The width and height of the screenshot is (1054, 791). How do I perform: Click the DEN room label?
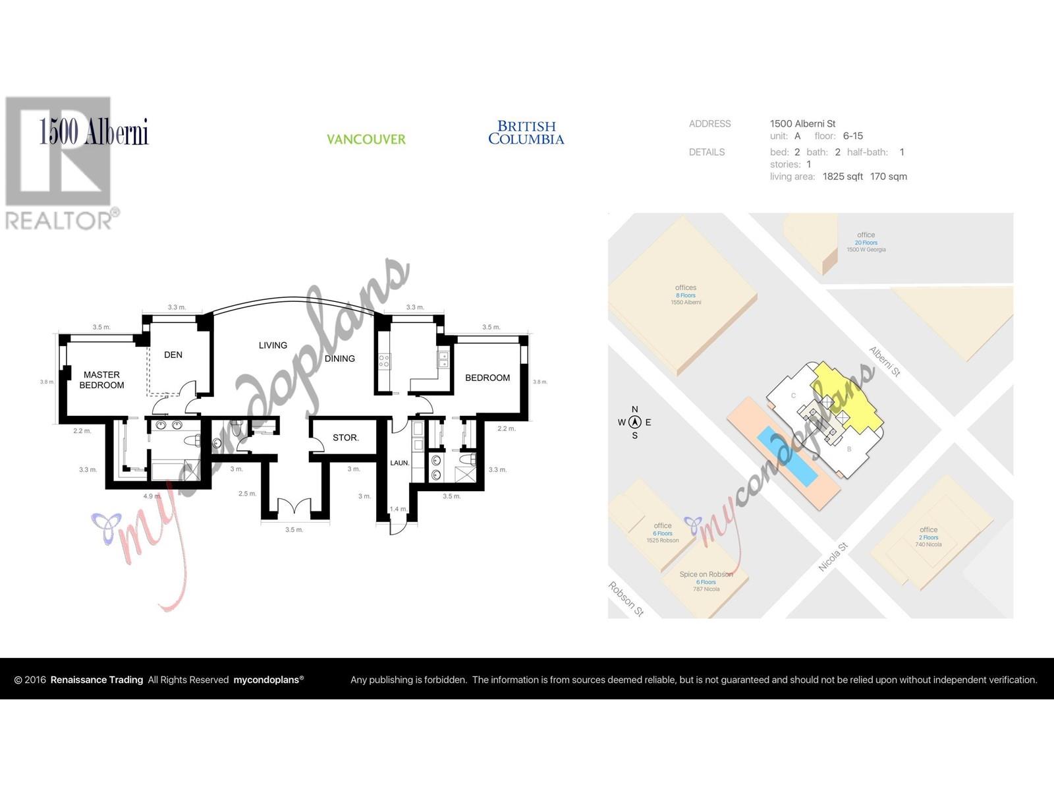pos(173,355)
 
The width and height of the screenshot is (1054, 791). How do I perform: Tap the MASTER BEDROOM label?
pos(101,380)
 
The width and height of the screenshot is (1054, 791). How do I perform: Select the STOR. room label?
pos(345,438)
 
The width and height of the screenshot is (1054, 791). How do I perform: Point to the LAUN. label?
pos(399,463)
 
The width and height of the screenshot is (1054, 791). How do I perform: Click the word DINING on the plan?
pos(340,359)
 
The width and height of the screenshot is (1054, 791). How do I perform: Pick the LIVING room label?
pos(273,345)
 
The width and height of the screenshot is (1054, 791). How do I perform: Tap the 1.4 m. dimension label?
pos(398,509)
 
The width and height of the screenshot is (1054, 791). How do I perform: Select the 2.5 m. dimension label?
pos(247,493)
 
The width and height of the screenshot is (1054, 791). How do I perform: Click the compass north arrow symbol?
pos(634,423)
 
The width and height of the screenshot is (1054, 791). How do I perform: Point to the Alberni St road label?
pos(884,362)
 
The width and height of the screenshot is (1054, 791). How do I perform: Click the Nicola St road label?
pos(833,557)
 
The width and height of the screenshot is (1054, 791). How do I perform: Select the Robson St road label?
pos(625,599)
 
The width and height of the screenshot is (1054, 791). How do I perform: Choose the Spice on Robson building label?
pos(706,575)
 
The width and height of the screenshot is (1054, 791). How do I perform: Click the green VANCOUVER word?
pos(366,139)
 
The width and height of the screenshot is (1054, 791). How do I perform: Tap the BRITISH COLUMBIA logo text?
pos(526,132)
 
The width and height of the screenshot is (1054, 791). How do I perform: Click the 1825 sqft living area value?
pos(843,177)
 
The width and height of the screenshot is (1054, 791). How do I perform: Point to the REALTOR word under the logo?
pos(59,220)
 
